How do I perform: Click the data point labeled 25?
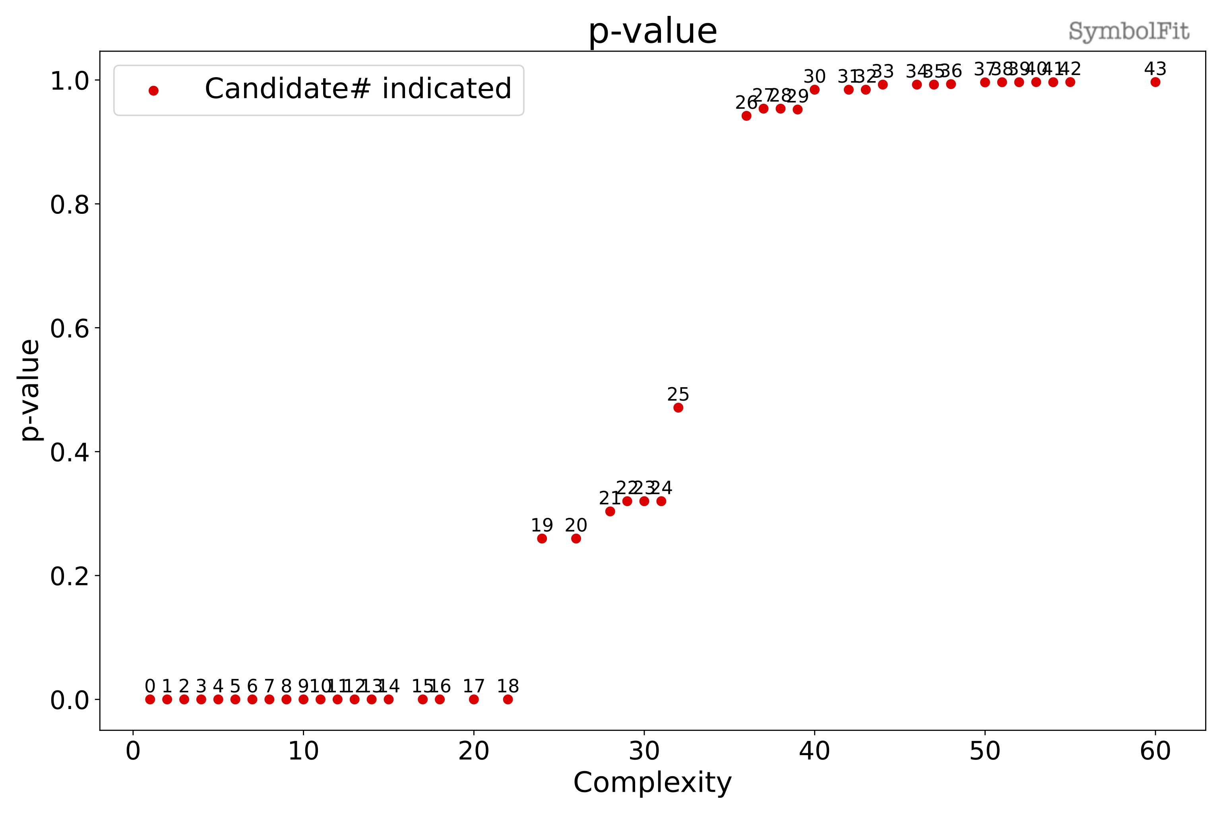[x=678, y=407]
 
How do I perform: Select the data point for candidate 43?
[x=1155, y=82]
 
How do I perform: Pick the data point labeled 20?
[x=576, y=538]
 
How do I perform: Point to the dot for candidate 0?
[x=150, y=699]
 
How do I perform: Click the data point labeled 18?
[x=508, y=699]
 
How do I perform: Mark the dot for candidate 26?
[x=746, y=116]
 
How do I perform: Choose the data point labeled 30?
[x=814, y=90]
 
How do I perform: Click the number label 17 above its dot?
[x=473, y=686]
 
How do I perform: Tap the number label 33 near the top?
[x=882, y=71]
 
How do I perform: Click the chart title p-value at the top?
[x=653, y=31]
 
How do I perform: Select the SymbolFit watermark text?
[x=1129, y=31]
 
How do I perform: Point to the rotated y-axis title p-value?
[x=30, y=390]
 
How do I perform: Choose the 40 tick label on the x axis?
[x=814, y=751]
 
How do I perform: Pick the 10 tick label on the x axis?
[x=303, y=751]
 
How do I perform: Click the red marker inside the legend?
[x=153, y=91]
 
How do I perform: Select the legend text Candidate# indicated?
[x=358, y=89]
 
